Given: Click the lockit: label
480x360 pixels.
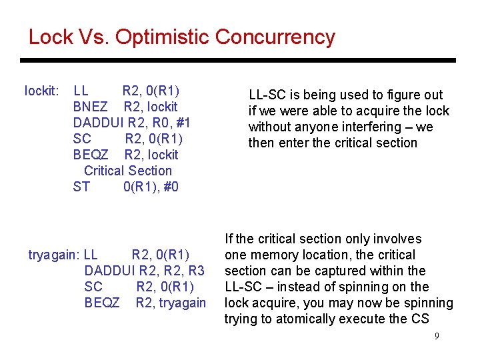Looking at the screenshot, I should pos(42,91).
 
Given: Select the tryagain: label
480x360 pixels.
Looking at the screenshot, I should pos(54,255).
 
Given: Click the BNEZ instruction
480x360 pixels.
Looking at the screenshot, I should pos(90,107).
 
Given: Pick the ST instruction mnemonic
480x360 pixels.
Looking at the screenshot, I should pos(81,187).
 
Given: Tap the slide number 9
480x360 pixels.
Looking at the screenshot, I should pos(437,336).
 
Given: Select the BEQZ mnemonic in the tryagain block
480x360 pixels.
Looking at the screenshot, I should pos(102,303).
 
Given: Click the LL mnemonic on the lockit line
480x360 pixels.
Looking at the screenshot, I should pos(81,91).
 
